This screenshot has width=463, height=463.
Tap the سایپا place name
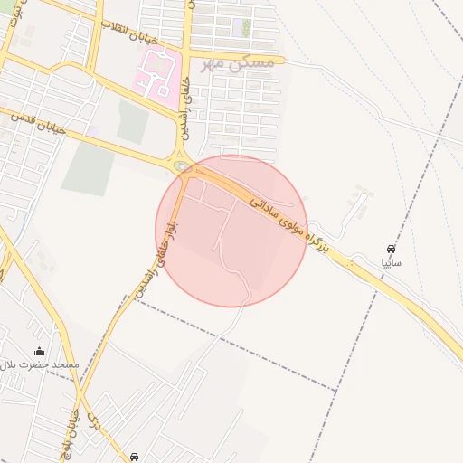coord(391,263)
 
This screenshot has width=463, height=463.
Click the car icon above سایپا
coord(391,249)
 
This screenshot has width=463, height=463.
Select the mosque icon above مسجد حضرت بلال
coord(38,351)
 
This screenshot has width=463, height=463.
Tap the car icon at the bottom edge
coord(135,458)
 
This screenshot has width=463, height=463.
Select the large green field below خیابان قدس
coord(88,168)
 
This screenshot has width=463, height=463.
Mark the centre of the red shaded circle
coord(231,231)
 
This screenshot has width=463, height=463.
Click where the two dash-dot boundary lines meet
coord(336,391)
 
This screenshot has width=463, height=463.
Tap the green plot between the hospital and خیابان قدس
coord(133,121)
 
